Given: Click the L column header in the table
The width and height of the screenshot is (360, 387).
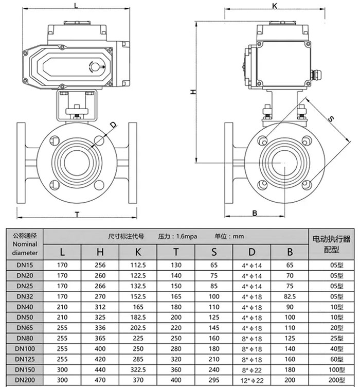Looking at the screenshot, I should (x=62, y=252).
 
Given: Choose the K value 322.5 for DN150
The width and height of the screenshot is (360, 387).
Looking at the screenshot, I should (x=138, y=370).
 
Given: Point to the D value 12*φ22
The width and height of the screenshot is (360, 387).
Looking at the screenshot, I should (x=251, y=379).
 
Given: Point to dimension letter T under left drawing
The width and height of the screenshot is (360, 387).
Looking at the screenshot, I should (x=77, y=214).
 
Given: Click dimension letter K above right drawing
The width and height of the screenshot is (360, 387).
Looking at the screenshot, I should (x=274, y=6).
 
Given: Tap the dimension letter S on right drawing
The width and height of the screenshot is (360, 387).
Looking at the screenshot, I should (x=331, y=119).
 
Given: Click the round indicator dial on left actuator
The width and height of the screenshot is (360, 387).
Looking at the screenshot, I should (x=95, y=66).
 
